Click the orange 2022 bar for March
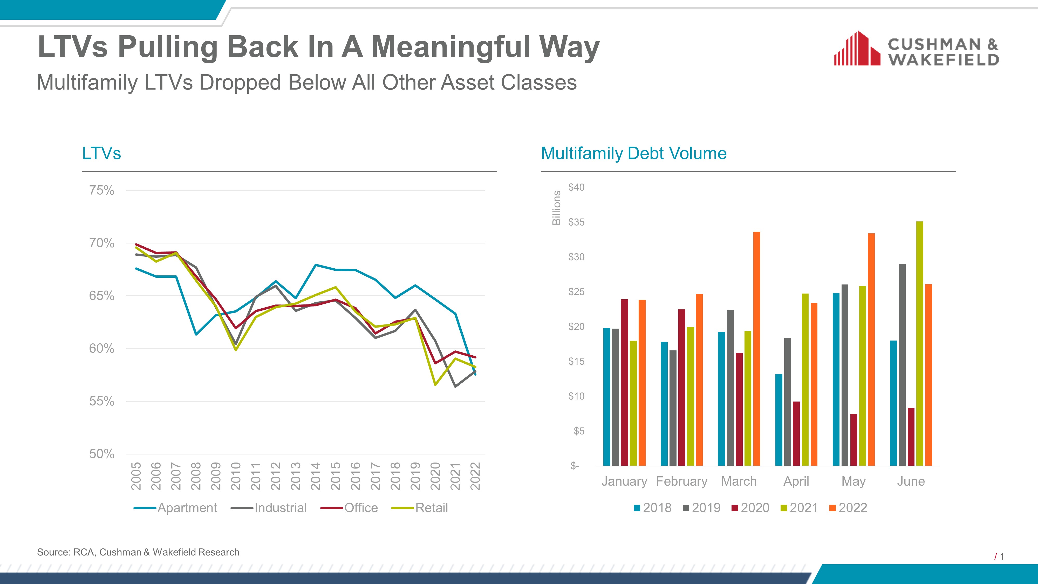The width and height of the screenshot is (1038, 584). pyautogui.click(x=756, y=349)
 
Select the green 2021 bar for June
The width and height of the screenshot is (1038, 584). pyautogui.click(x=919, y=343)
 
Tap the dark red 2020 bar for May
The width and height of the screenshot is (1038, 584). pyautogui.click(x=853, y=440)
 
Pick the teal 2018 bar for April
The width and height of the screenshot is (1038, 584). pyautogui.click(x=778, y=420)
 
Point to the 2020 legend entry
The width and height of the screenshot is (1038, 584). pyautogui.click(x=750, y=508)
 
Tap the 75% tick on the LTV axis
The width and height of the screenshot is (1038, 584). pyautogui.click(x=101, y=190)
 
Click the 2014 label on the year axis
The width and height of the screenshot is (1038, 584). pyautogui.click(x=315, y=476)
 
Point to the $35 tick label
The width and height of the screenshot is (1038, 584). pyautogui.click(x=576, y=222)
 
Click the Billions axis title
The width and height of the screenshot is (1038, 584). pyautogui.click(x=556, y=208)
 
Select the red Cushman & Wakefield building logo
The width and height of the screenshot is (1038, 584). pyautogui.click(x=857, y=48)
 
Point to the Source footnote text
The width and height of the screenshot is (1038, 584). pyautogui.click(x=138, y=552)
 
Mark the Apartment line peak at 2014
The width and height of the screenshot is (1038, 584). pyautogui.click(x=316, y=265)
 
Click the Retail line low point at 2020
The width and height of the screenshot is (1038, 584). pyautogui.click(x=435, y=384)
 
